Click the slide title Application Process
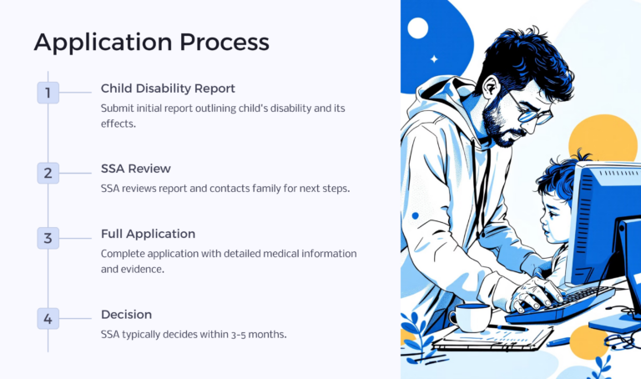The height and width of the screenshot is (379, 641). point(151,42)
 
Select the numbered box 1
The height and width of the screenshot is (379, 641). point(48,93)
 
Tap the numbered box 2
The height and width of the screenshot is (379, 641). point(48,174)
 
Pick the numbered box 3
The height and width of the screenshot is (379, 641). point(48,238)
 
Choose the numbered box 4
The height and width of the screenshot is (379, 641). point(48,318)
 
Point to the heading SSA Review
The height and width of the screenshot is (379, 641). point(136,169)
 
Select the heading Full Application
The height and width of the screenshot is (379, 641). point(148,234)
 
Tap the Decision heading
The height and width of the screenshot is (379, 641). point(126,315)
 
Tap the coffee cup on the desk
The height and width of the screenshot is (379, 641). point(470,317)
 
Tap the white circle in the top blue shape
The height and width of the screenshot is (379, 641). point(417,29)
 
